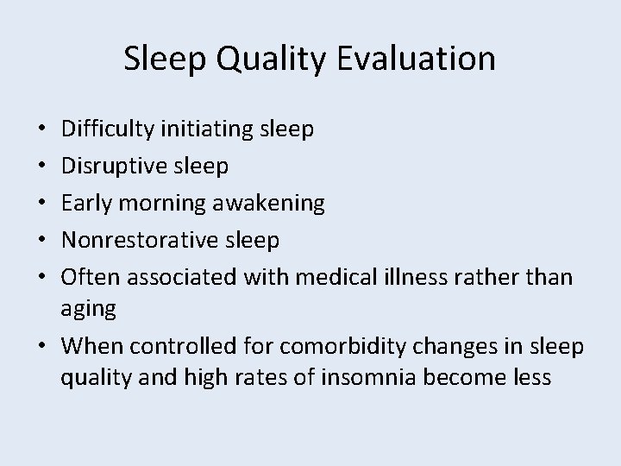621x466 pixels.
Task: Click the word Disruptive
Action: pos(110,166)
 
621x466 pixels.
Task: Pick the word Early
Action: pos(85,203)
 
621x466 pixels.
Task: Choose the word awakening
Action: pos(269,204)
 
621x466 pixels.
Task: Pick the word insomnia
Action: pos(348,377)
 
